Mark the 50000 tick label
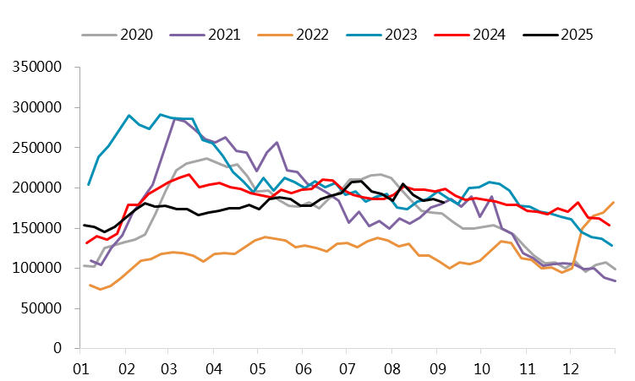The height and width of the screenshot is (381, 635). [x=42, y=308]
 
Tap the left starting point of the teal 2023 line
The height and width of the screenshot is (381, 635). [x=89, y=184]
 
